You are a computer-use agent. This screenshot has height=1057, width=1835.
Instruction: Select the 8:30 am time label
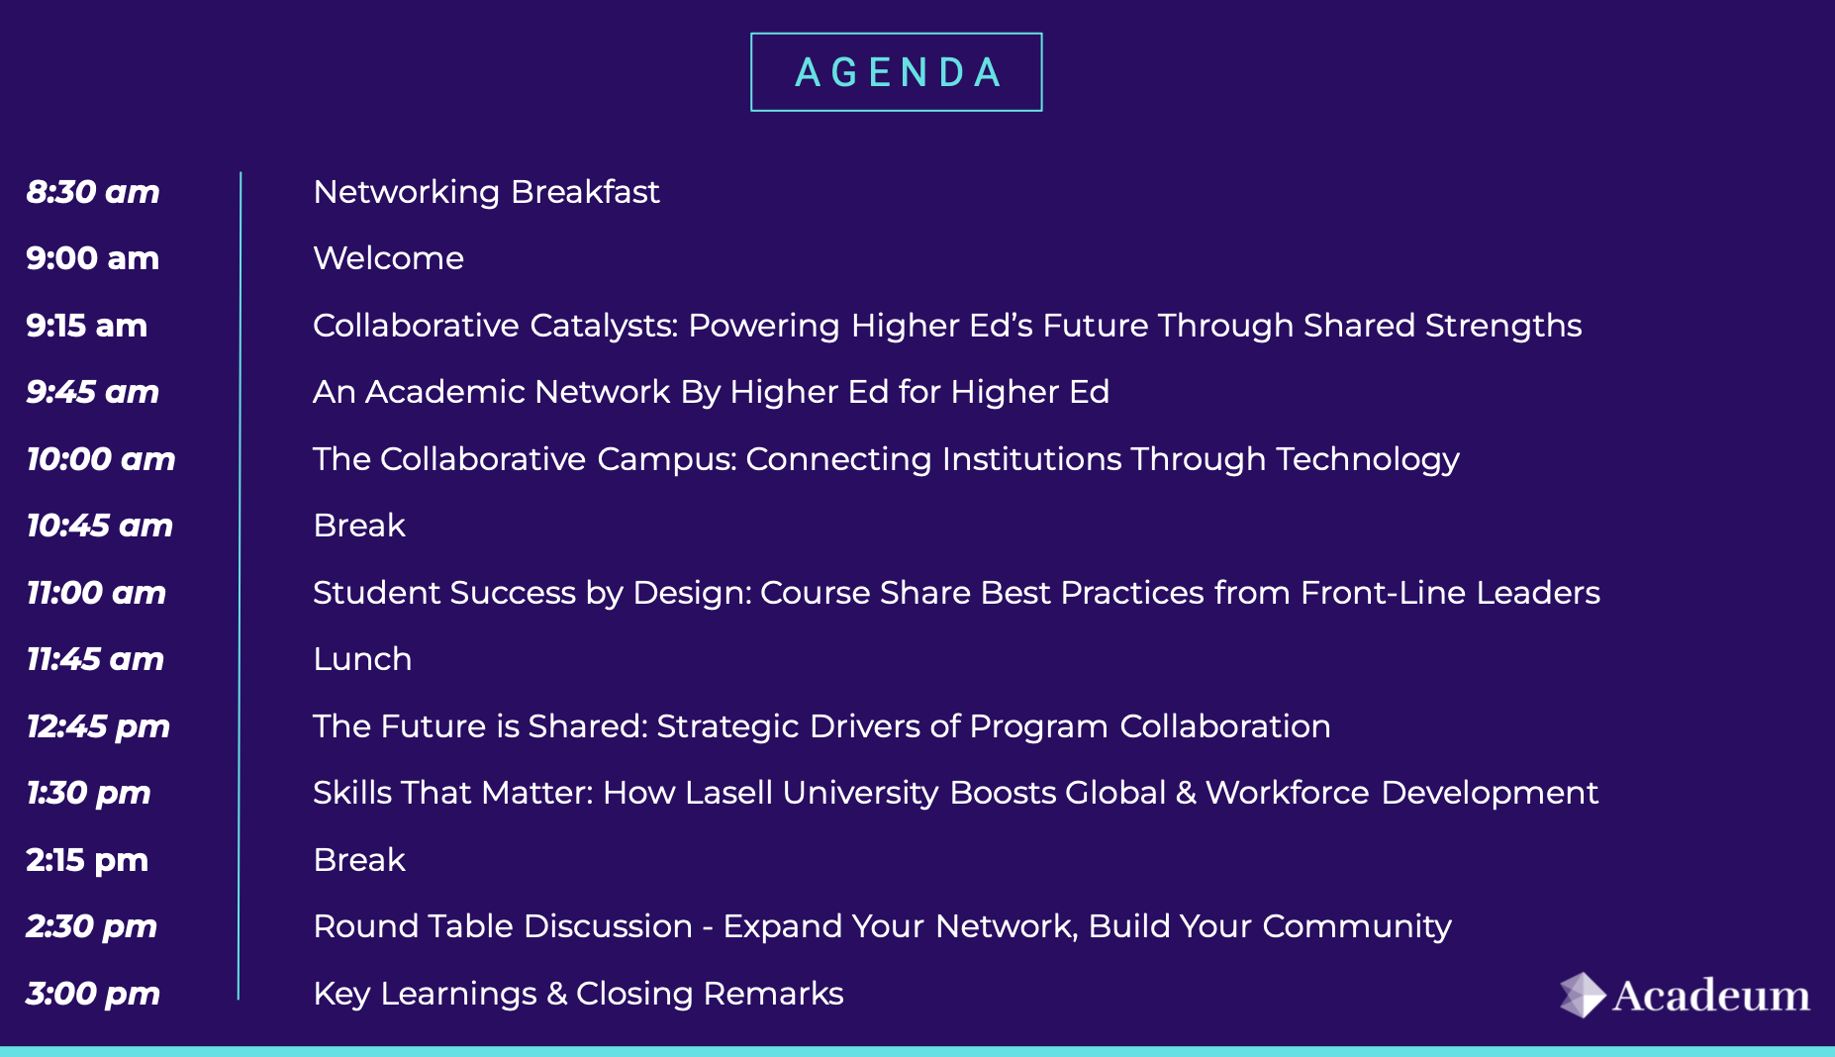pyautogui.click(x=93, y=192)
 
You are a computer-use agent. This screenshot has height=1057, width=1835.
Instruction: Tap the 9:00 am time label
pyautogui.click(x=93, y=258)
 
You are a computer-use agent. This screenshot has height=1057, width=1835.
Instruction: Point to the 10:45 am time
pyautogui.click(x=100, y=526)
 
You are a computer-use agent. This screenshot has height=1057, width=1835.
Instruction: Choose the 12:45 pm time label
pyautogui.click(x=98, y=727)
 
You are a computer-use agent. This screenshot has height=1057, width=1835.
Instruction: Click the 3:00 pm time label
pyautogui.click(x=93, y=995)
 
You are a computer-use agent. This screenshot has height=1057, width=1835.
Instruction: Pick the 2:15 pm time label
pyautogui.click(x=87, y=861)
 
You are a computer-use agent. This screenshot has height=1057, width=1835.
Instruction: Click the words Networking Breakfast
pyautogui.click(x=486, y=192)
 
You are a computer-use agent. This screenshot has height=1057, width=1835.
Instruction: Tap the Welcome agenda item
pyautogui.click(x=388, y=258)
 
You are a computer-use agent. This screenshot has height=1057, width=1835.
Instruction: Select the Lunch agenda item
pyautogui.click(x=362, y=659)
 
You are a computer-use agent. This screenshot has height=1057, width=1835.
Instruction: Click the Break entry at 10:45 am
pyautogui.click(x=359, y=526)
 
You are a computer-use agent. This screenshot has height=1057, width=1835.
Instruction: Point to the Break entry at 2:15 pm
pyautogui.click(x=359, y=860)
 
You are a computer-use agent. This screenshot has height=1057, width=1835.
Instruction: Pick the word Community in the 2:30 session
pyautogui.click(x=1357, y=927)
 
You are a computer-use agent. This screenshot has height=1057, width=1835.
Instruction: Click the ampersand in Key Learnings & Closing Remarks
pyautogui.click(x=557, y=994)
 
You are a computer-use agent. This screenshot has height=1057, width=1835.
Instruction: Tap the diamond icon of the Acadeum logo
pyautogui.click(x=1582, y=995)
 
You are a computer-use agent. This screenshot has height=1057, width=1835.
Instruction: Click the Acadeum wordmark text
pyautogui.click(x=1711, y=996)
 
